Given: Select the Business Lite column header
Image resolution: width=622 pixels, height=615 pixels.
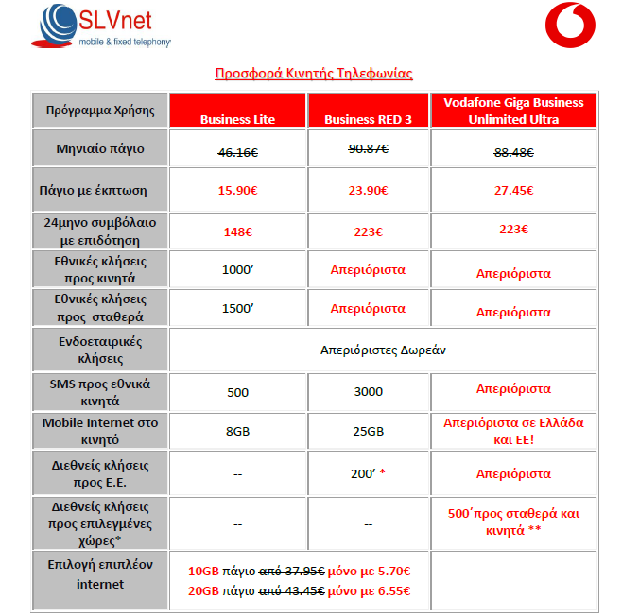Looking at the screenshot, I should (237, 119).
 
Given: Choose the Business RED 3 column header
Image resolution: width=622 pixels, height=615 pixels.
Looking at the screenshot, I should (369, 119).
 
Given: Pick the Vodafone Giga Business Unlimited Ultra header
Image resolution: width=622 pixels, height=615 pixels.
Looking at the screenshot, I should (514, 111).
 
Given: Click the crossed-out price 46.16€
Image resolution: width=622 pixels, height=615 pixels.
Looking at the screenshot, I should (237, 149).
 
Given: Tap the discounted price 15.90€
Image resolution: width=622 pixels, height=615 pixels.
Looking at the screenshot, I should (237, 190).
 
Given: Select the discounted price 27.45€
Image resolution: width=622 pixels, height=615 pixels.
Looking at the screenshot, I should (514, 190).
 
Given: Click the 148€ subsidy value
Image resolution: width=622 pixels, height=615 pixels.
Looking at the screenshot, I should (237, 231).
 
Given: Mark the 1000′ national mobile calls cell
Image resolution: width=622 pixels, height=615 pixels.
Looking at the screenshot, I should (237, 270).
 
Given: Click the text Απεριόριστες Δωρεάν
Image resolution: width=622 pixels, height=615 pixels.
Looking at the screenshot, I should (383, 350).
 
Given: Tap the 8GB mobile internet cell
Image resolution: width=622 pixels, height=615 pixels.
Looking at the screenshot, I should (237, 430).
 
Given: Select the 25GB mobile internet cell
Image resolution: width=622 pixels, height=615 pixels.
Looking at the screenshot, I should (369, 430).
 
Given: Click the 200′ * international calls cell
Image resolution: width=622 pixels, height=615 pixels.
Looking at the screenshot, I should (369, 473).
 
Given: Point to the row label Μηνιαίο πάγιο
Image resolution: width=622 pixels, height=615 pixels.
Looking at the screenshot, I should (99, 149).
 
